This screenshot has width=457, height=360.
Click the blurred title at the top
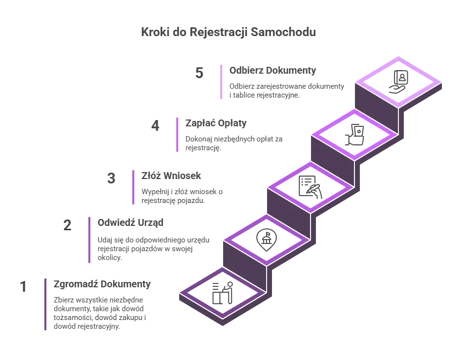coord(228,33)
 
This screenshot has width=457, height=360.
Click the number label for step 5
coord(199,72)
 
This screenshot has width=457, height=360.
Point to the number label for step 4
coord(156,125)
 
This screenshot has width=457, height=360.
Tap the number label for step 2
coord(69,224)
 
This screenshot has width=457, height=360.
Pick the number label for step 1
coord(23,286)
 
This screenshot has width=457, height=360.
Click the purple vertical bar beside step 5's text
coord(222,82)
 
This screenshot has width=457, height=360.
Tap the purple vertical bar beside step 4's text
coord(176,134)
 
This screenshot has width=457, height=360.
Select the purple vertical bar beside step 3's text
coord(133,187)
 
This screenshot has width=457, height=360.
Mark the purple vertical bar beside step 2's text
coord(90,240)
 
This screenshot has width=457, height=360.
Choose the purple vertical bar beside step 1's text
coord(46,304)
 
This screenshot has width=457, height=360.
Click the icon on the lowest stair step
coord(223,292)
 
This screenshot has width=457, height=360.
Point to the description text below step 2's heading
coord(153,247)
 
